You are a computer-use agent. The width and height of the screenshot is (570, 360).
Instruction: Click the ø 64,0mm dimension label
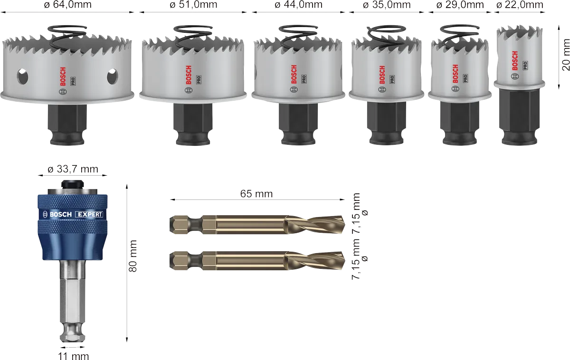coord(67,5)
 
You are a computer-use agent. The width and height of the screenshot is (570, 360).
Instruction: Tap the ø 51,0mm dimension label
coord(193,5)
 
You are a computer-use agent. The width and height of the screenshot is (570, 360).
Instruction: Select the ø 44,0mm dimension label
coord(298,5)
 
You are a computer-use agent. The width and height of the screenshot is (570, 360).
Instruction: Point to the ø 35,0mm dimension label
coord(387,5)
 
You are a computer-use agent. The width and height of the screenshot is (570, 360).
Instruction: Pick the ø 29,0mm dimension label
coord(460,5)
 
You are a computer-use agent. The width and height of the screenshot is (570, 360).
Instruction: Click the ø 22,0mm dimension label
coord(520,5)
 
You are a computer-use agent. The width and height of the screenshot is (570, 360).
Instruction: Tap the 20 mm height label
coord(565,55)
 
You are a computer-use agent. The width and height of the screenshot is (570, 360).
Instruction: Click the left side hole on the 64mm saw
coord(22,76)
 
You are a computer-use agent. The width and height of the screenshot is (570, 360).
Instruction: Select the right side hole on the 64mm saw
coord(112,76)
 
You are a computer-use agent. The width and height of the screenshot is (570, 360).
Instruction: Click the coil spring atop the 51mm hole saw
coord(193,36)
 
